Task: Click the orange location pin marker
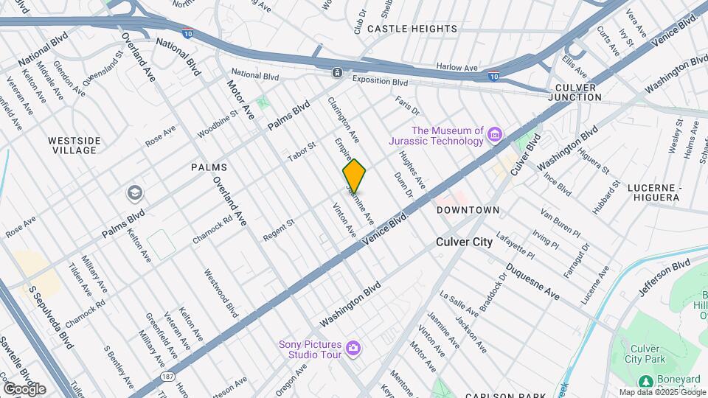354,176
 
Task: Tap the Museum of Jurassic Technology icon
495,135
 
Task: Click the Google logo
24,388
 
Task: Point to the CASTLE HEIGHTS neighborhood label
412,29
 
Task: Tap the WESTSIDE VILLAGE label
73,145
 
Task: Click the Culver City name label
464,242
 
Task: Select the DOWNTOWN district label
468,210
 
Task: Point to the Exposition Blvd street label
380,82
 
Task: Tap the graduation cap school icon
135,194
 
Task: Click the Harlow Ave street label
457,67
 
